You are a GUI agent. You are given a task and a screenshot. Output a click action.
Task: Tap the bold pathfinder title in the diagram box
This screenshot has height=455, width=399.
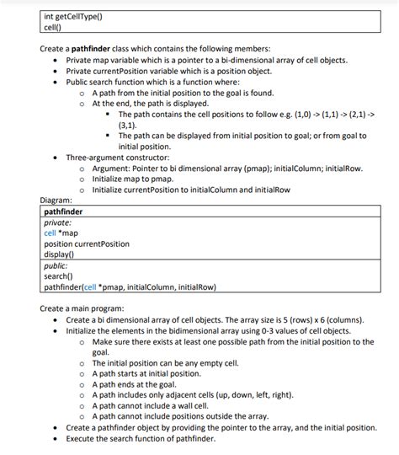[x=64, y=211]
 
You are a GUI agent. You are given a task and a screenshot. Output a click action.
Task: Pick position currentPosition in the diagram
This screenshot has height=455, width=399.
[x=87, y=244]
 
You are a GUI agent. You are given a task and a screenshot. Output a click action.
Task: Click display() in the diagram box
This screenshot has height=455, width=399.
[x=60, y=254]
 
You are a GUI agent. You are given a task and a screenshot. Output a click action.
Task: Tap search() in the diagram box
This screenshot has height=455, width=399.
[x=58, y=276]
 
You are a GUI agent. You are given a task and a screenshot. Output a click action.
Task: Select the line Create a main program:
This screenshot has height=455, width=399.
[x=82, y=308]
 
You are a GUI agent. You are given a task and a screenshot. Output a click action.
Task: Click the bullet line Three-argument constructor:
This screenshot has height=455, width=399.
[x=118, y=157]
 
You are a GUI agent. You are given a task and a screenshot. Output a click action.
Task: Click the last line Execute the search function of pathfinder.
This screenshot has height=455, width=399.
[x=153, y=438]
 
